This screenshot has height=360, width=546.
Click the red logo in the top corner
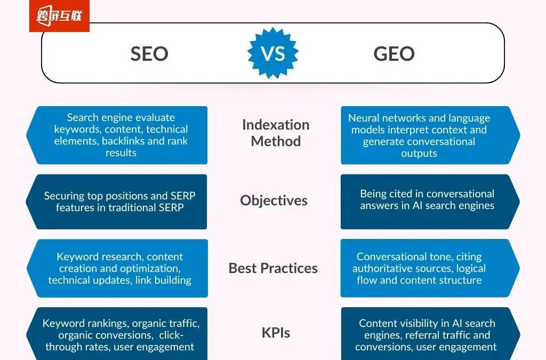[59, 16]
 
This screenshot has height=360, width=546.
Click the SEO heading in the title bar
[149, 53]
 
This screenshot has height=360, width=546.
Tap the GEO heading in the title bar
[394, 53]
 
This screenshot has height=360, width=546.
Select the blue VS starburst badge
[273, 53]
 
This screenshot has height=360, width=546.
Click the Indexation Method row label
[276, 133]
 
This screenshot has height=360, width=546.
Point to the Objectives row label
[274, 201]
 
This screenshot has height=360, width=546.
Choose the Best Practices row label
[273, 268]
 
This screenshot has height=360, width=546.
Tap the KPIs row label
[276, 333]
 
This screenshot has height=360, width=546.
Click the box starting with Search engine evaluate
[121, 135]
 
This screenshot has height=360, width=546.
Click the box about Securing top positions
[120, 202]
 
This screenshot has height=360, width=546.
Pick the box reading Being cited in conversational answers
[427, 202]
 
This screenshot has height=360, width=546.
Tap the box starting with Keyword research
[120, 268]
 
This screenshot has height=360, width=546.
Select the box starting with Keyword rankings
[120, 335]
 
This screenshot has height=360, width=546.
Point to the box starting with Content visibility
[427, 335]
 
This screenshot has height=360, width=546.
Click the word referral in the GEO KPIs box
[424, 335]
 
